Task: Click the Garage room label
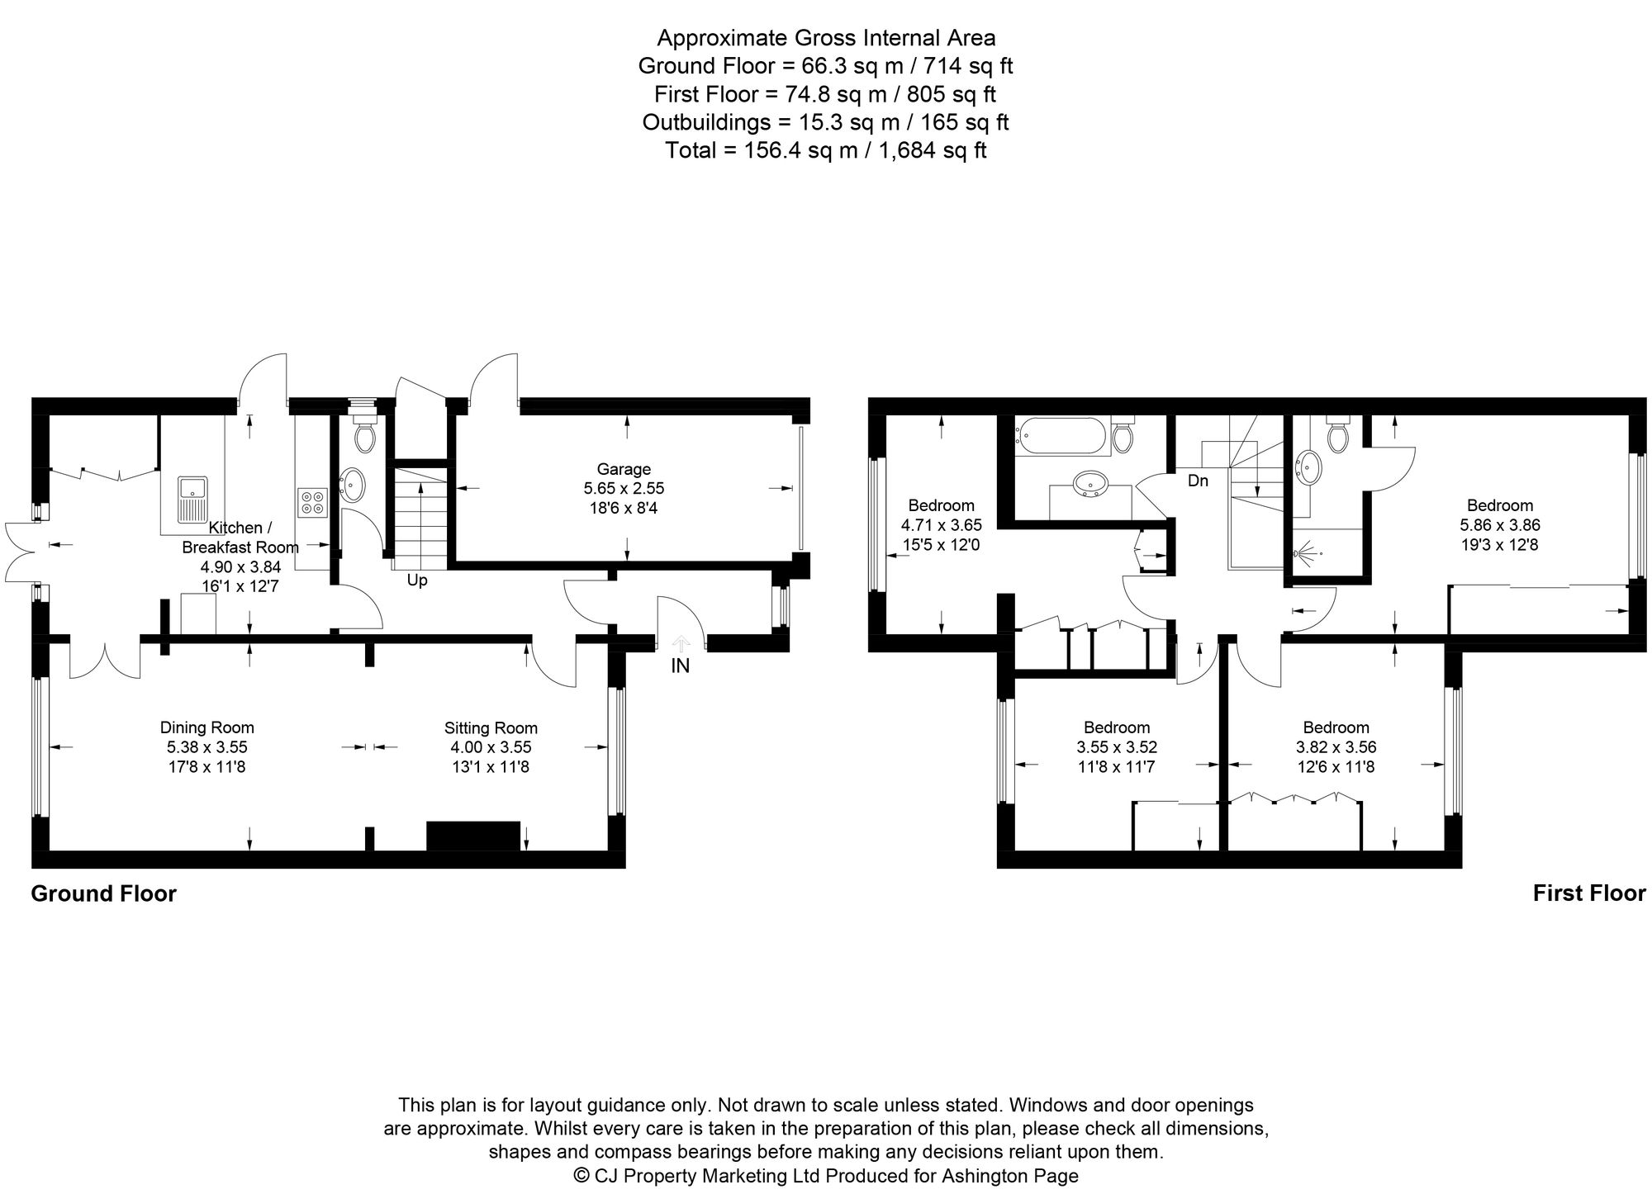tap(624, 470)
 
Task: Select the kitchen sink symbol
tap(192, 499)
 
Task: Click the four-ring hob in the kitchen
tap(313, 502)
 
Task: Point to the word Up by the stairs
tap(417, 580)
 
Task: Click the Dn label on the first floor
tap(1198, 481)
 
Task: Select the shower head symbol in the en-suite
tap(1304, 552)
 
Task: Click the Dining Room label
tap(206, 727)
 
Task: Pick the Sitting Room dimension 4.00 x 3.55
tap(491, 747)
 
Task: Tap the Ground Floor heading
tap(103, 894)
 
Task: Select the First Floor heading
tap(1588, 893)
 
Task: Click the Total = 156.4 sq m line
tap(826, 150)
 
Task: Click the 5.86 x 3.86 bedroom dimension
tap(1499, 525)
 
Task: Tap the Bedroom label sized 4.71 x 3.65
tap(941, 505)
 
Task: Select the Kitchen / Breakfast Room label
tap(240, 537)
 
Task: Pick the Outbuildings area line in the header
tap(826, 122)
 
